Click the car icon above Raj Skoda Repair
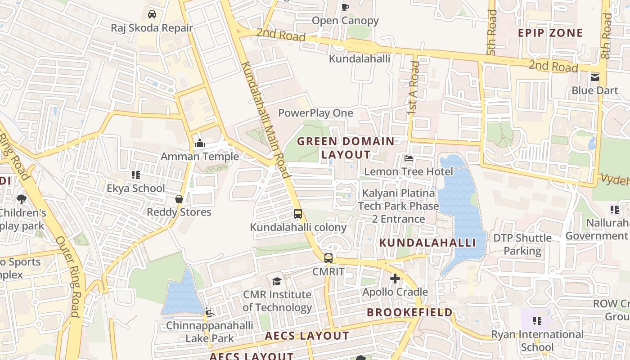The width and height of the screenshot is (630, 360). (x=152, y=14)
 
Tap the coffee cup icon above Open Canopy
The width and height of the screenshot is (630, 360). (x=345, y=7)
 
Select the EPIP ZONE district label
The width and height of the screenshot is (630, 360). (x=550, y=33)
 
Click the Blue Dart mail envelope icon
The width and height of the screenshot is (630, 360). (x=595, y=77)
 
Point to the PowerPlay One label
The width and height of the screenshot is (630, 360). (x=315, y=113)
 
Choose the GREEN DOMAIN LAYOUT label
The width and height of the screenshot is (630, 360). (x=346, y=148)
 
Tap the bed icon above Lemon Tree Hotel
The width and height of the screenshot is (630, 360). (x=409, y=158)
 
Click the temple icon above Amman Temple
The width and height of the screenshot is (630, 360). (x=200, y=144)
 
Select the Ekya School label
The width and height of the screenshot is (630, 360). (x=136, y=188)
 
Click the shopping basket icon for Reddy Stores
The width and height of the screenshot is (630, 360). (x=179, y=199)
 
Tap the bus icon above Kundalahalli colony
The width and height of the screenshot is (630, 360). (x=298, y=214)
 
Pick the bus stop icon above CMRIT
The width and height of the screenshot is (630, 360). (x=328, y=258)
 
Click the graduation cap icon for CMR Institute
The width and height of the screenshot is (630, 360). (x=277, y=281)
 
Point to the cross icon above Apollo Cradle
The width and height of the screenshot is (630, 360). (x=395, y=279)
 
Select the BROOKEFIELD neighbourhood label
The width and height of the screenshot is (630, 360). (x=409, y=312)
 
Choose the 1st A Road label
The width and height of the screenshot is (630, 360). (x=414, y=88)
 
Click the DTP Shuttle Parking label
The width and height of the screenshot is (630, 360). (x=522, y=244)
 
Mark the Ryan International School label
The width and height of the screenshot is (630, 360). (x=537, y=341)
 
